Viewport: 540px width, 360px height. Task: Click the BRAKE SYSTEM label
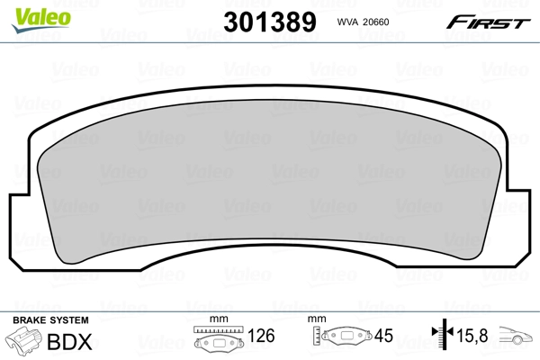(x=49, y=321)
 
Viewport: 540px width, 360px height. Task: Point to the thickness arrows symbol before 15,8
(x=440, y=338)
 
